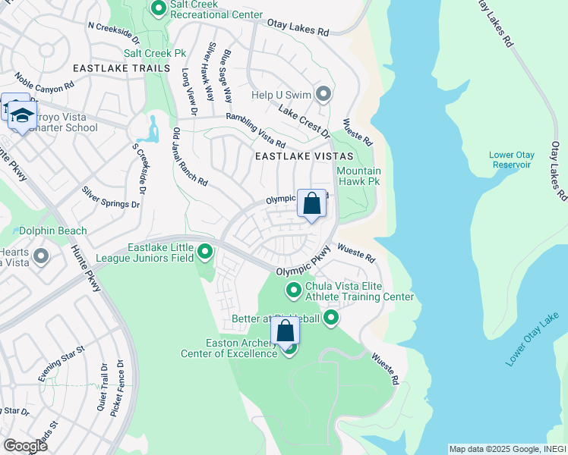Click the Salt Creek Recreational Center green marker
159,9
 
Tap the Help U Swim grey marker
324,95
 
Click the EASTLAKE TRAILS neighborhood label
121,68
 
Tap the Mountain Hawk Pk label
358,176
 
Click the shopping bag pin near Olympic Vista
311,203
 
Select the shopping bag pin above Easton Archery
286,331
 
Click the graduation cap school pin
23,115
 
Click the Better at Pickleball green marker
330,318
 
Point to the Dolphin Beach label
53,231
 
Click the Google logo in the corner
25,445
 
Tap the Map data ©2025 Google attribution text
506,449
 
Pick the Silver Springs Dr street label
111,197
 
